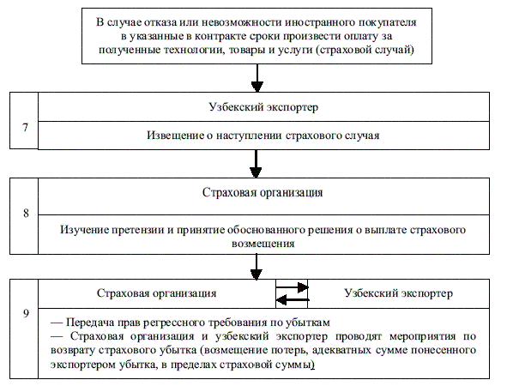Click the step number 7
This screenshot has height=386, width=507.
pyautogui.click(x=25, y=127)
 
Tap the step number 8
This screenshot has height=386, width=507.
pyautogui.click(x=26, y=213)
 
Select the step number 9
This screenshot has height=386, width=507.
pyautogui.click(x=26, y=313)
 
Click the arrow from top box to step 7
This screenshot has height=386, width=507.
pyautogui.click(x=257, y=78)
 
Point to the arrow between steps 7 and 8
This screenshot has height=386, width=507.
pyautogui.click(x=256, y=164)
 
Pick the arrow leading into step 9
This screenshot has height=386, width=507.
pyautogui.click(x=257, y=267)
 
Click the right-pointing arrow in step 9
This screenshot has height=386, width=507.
pyautogui.click(x=292, y=286)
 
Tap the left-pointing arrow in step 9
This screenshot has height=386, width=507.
pyautogui.click(x=292, y=300)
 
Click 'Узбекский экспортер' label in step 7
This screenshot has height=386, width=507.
pyautogui.click(x=263, y=107)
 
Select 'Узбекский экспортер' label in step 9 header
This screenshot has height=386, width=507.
pyautogui.click(x=398, y=293)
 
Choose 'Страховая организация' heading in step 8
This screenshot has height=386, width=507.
pyautogui.click(x=263, y=193)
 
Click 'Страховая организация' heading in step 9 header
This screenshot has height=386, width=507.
pyautogui.click(x=156, y=293)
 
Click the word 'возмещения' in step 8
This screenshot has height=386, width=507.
pyautogui.click(x=263, y=244)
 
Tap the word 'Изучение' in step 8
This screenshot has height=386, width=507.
pyautogui.click(x=84, y=230)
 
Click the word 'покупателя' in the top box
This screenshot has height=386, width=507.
pyautogui.click(x=388, y=22)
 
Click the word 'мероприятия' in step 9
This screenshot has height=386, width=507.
pyautogui.click(x=423, y=336)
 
